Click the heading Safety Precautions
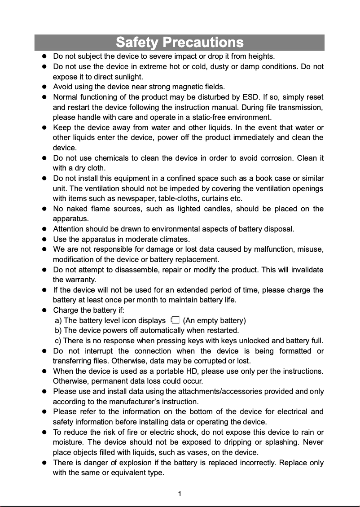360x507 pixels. tap(180, 43)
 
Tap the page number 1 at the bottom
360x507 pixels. tap(180, 494)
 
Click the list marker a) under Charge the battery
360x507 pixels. tap(58, 320)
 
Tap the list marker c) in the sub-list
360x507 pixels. tap(58, 341)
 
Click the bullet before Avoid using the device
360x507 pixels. tap(45, 87)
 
